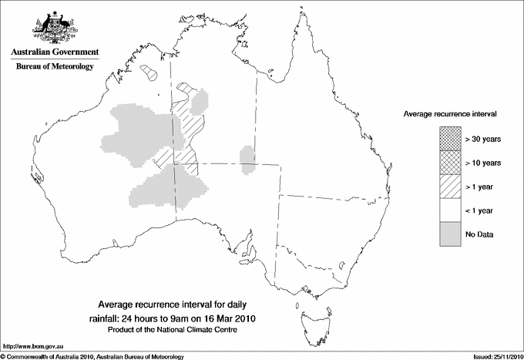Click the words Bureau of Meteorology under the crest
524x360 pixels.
pyautogui.click(x=55, y=67)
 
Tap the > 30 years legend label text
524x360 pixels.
pyautogui.click(x=483, y=139)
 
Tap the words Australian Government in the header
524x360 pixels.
pyautogui.click(x=55, y=52)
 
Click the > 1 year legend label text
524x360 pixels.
pyautogui.click(x=480, y=187)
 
